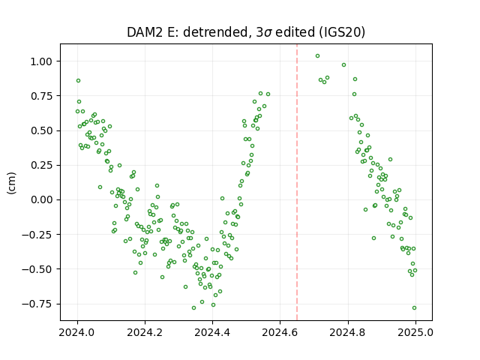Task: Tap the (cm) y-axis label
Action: coord(11,183)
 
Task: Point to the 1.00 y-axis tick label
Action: coord(41,61)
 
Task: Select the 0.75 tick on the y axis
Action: coord(41,96)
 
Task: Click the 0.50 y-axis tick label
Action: coord(41,130)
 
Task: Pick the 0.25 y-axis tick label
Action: coord(41,165)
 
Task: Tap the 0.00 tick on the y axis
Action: coord(41,200)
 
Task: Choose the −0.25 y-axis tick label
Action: coord(37,235)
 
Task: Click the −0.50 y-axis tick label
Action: coord(37,269)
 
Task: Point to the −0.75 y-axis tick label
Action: coord(37,304)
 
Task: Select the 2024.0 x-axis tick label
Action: coord(77,332)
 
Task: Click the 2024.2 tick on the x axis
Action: coord(145,332)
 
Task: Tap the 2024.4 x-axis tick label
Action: coord(212,332)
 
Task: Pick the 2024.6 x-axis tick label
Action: coord(280,332)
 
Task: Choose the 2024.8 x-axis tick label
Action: coord(347,332)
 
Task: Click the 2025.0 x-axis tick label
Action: coord(415,332)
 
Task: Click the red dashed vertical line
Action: coord(297,182)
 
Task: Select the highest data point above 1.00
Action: coord(317,56)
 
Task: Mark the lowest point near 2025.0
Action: coord(414,308)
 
